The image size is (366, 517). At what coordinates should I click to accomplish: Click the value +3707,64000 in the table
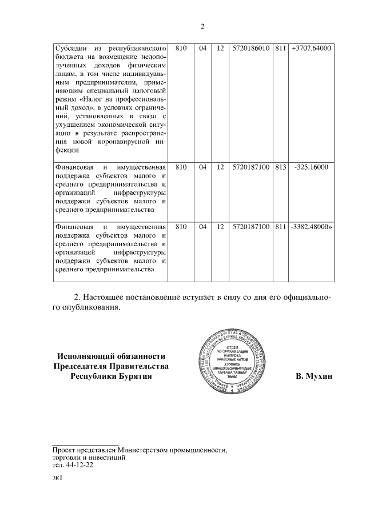311,49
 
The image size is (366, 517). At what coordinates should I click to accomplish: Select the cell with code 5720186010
251,49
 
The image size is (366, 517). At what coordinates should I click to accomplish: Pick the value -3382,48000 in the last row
309,227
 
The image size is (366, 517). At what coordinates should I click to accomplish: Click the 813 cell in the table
280,167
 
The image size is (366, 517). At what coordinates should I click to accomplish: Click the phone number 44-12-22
81,465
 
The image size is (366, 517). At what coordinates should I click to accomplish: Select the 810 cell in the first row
181,49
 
